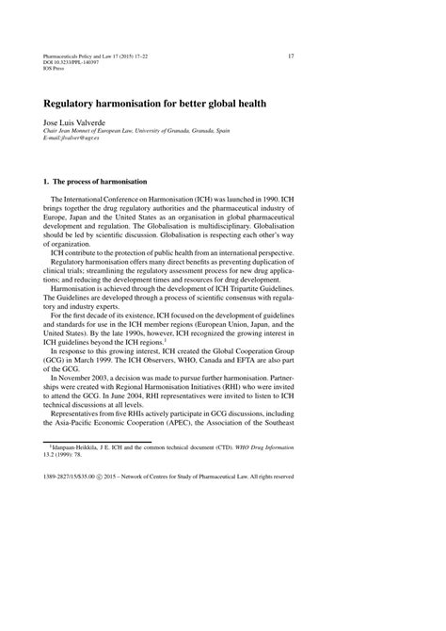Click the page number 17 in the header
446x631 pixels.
pyautogui.click(x=291, y=56)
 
